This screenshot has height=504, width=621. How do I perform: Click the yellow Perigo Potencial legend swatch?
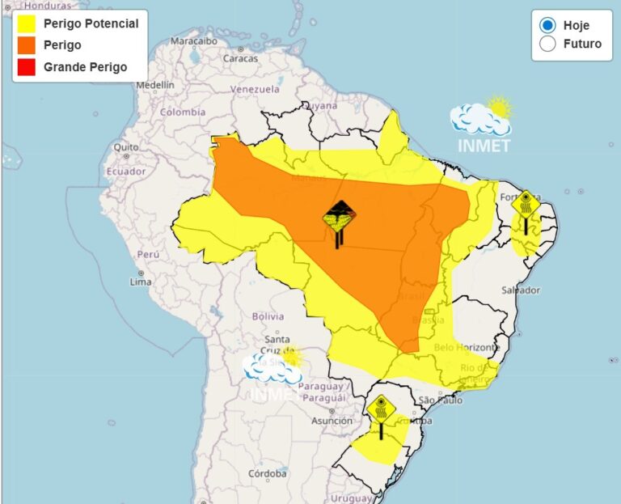click(26, 23)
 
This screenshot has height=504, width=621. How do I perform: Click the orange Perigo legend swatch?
click(26, 45)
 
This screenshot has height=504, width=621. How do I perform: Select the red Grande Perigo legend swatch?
click(26, 67)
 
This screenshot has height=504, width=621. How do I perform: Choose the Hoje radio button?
click(547, 25)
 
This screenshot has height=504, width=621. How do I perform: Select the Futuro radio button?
click(547, 44)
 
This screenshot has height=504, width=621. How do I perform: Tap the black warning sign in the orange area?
click(339, 219)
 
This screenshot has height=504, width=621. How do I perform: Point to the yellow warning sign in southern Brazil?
click(381, 410)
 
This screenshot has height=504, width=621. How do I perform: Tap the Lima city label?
click(141, 282)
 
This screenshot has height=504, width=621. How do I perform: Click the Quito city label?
click(126, 147)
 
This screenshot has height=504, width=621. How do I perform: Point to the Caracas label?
click(240, 57)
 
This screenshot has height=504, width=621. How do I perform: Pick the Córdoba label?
click(268, 473)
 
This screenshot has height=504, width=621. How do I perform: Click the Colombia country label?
click(182, 112)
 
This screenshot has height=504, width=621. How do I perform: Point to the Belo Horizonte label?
click(467, 347)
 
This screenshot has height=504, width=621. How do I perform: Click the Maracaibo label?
click(194, 40)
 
